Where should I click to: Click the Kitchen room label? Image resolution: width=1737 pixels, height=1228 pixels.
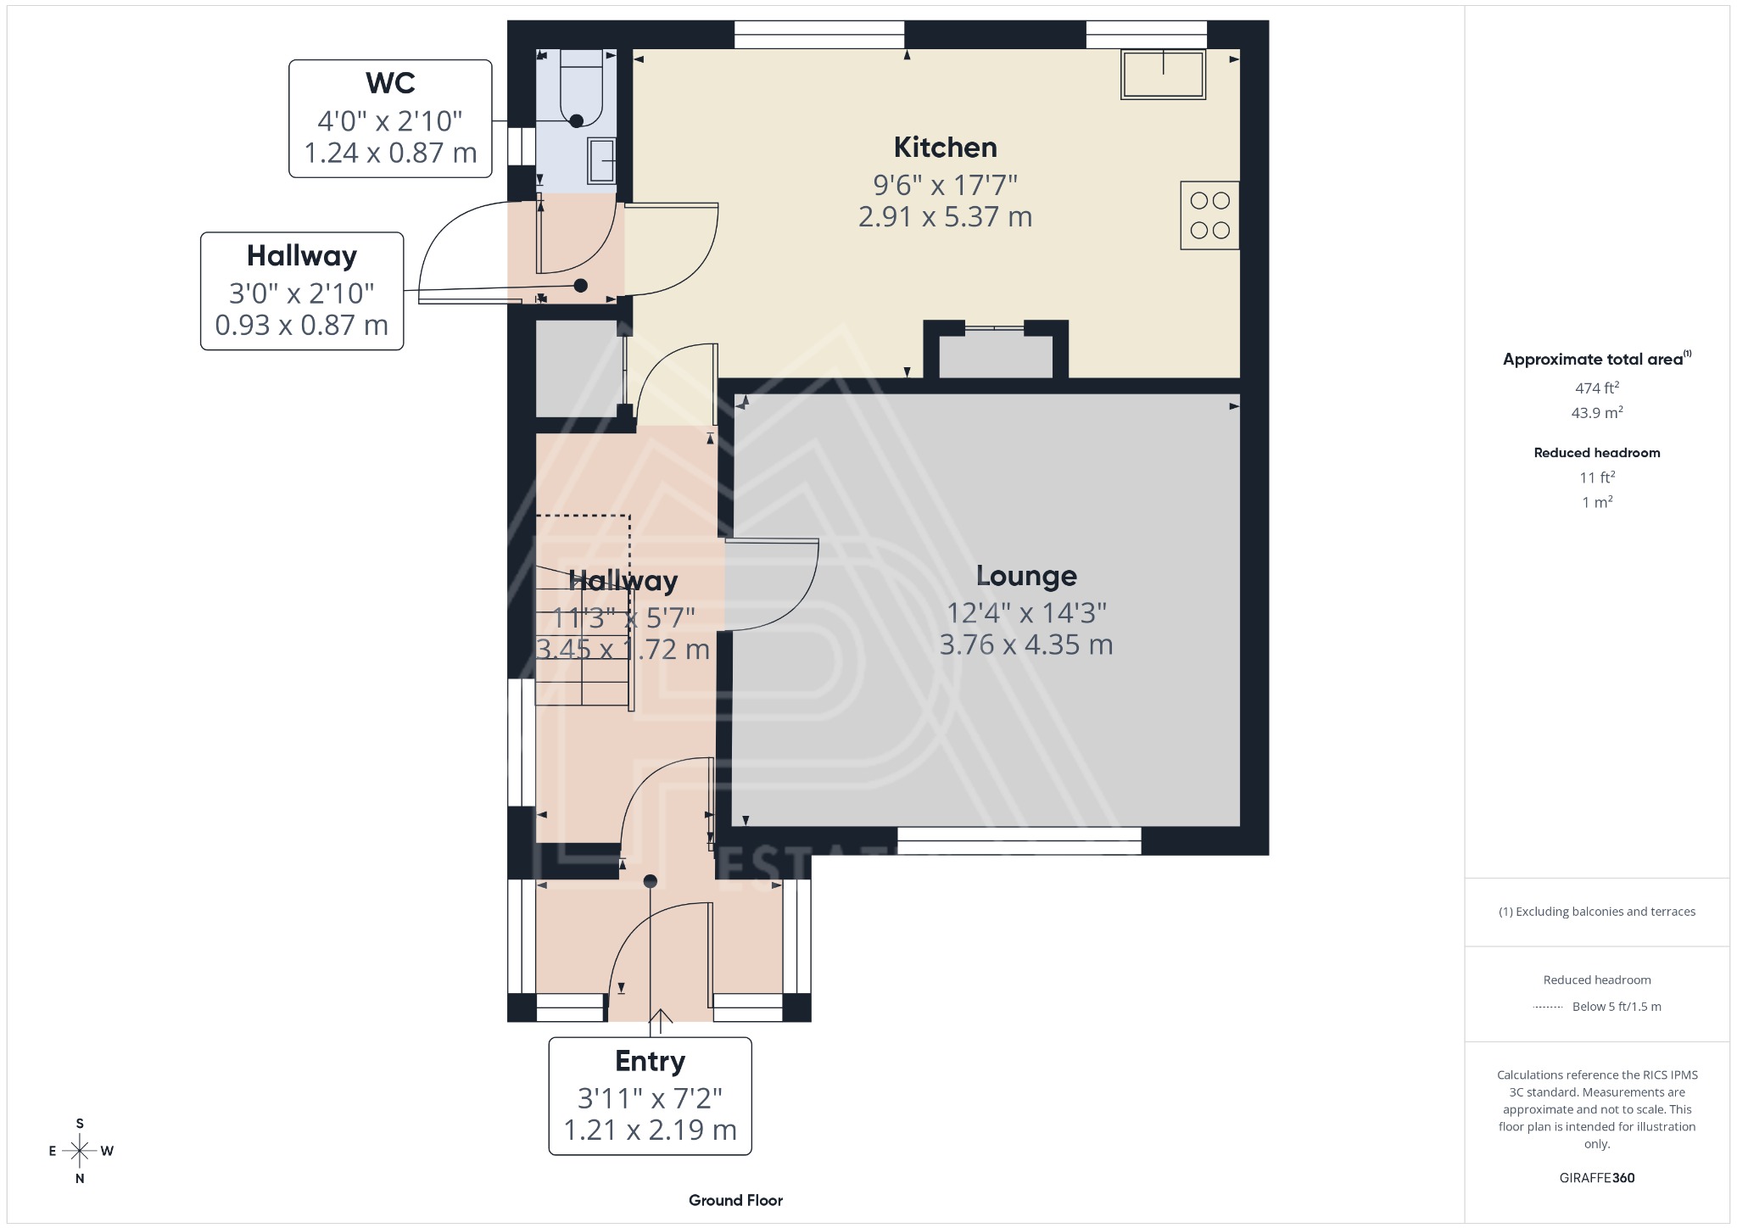[x=945, y=148]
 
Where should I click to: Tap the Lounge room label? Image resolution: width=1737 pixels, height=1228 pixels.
[x=1025, y=576]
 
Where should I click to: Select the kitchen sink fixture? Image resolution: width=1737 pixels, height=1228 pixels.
[x=1163, y=74]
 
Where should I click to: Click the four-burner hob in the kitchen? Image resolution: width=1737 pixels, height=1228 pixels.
[x=1209, y=215]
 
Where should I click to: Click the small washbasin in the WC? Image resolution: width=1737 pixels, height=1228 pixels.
[x=602, y=160]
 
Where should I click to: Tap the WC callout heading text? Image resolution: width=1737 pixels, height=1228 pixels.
[x=390, y=83]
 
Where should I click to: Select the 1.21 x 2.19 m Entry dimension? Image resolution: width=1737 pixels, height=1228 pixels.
[x=650, y=1130]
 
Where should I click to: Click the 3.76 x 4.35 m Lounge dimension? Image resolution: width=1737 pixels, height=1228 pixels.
[x=1025, y=645]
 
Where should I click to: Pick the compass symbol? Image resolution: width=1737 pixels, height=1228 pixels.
[x=81, y=1151]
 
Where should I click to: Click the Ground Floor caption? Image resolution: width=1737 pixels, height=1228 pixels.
[x=735, y=1200]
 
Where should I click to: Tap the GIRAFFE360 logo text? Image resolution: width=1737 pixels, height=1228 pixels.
[x=1596, y=1177]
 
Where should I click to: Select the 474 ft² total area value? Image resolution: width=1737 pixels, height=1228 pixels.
[x=1596, y=388]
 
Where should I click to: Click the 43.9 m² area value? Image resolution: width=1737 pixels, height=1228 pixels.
[x=1596, y=413]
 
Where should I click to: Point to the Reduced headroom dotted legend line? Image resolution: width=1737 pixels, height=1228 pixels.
[x=1548, y=1007]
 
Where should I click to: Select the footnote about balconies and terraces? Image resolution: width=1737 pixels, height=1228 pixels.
[x=1596, y=912]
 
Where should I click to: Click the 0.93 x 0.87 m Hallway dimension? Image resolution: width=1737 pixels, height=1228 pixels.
[x=301, y=325]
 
